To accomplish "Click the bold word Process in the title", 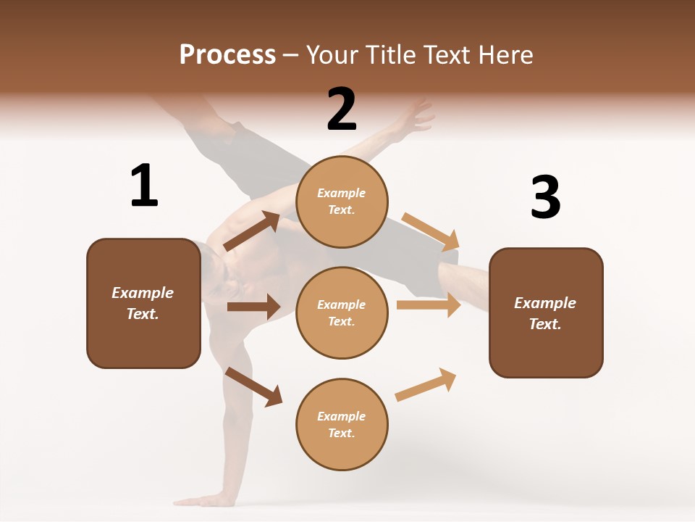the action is pos(227,54).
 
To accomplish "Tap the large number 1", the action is pos(144,186).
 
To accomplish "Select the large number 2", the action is pos(342,109).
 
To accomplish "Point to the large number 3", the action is pos(546,197).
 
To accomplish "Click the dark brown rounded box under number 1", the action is pos(143,303).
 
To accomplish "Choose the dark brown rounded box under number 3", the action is pos(546,313).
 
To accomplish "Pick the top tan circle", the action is pos(342,201).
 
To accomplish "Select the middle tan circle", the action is pos(342,312).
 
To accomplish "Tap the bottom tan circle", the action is pos(342,424).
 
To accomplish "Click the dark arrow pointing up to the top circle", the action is pos(251,231).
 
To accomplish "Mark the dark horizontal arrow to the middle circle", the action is pos(253,307).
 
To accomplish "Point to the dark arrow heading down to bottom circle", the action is pos(253,386).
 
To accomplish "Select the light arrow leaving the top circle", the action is pos(431,231).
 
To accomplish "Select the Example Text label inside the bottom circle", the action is pos(342,424).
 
